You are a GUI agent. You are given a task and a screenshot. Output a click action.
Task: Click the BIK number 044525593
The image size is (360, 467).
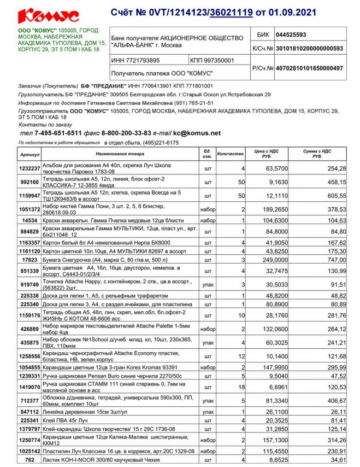coord(294,34)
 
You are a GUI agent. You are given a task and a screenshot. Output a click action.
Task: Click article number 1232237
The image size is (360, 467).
coord(29,168)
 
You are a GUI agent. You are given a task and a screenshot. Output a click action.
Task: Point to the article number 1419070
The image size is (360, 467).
coord(29,387)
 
